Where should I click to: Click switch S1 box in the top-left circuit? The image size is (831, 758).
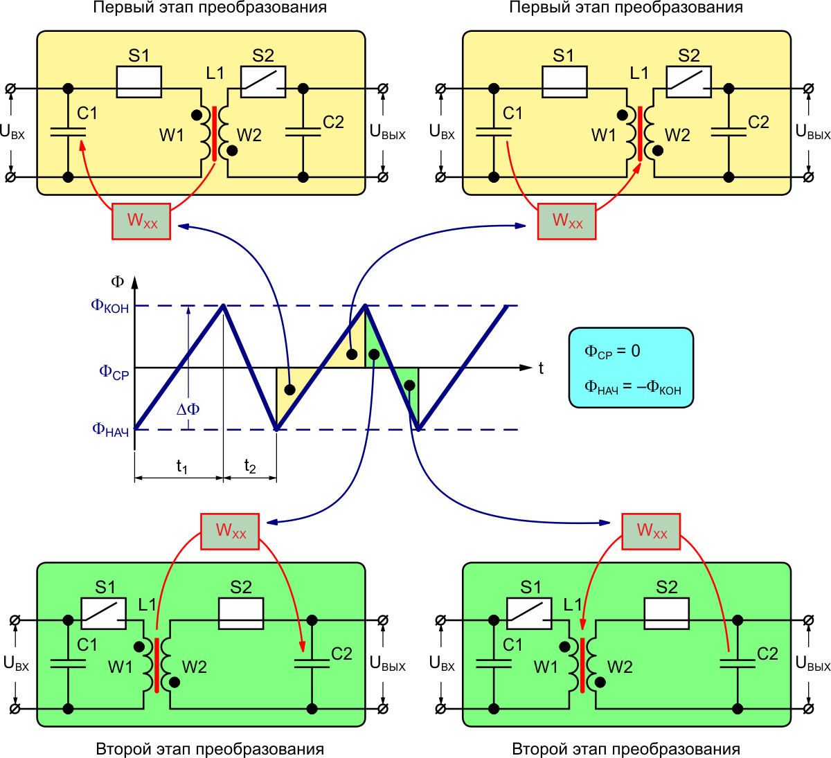click(x=139, y=82)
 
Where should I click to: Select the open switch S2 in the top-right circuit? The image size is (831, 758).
click(x=689, y=82)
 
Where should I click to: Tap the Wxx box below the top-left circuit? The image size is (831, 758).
click(x=142, y=222)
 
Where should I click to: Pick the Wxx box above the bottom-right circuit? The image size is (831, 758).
click(x=651, y=531)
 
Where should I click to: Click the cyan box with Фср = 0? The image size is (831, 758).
click(x=631, y=367)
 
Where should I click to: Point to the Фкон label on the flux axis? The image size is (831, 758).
click(x=110, y=306)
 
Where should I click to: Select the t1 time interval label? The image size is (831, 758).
click(x=181, y=467)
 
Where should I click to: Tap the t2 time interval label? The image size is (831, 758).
click(x=250, y=467)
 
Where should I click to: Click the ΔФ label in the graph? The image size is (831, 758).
click(x=188, y=409)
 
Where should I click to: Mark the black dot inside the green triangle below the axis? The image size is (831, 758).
click(x=410, y=385)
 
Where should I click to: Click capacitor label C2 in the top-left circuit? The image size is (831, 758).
click(x=333, y=123)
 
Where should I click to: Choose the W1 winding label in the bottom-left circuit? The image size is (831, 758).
click(x=120, y=667)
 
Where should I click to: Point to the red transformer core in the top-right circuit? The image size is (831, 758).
click(x=640, y=134)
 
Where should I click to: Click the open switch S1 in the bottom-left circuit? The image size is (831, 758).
click(x=104, y=613)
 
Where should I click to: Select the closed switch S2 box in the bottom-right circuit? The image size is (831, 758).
click(x=666, y=613)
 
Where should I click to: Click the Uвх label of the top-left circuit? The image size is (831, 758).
click(x=12, y=132)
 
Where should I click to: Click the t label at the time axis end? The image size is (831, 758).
click(x=541, y=368)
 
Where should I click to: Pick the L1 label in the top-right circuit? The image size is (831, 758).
click(x=639, y=73)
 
